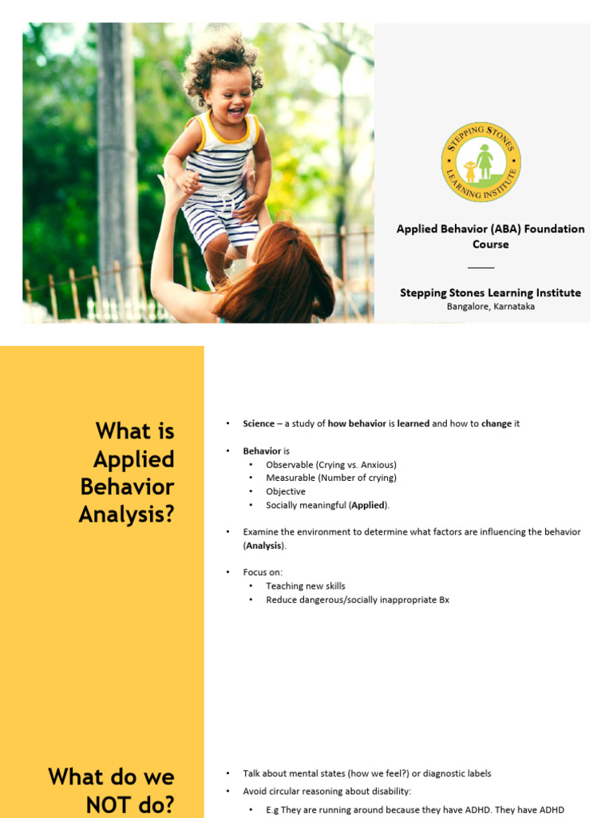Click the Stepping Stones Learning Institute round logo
point(481,162)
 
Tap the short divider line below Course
point(481,268)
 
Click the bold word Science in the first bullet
point(259,423)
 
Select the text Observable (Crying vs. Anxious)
point(330,464)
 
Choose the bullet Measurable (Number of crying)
point(330,478)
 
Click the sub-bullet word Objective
point(286,491)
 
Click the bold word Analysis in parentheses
point(263,546)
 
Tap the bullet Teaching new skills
point(305,586)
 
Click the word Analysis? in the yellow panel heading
point(126,514)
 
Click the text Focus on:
point(263,572)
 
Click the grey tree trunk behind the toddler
point(117,144)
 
